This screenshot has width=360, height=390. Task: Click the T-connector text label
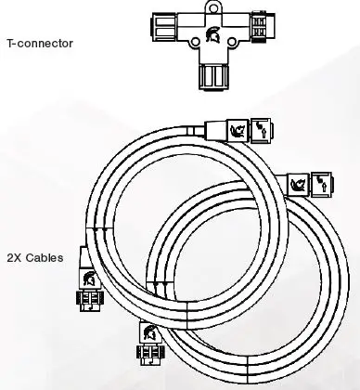click(x=39, y=43)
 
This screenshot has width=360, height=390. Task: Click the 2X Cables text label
click(x=34, y=257)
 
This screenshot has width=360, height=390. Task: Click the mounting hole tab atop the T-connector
click(x=216, y=11)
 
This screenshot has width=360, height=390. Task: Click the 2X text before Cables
click(x=13, y=257)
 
